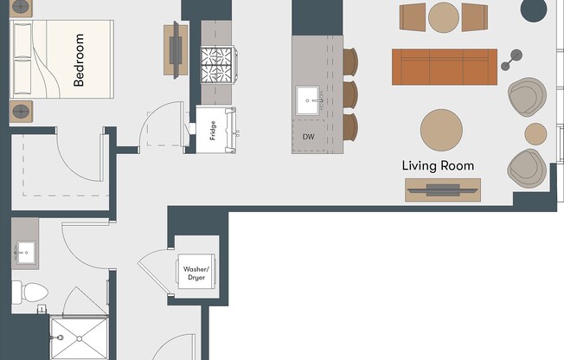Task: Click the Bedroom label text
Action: click(x=79, y=61)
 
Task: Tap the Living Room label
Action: click(x=438, y=165)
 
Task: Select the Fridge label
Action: click(x=213, y=130)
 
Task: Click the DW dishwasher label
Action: click(x=309, y=137)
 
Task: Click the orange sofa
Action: click(x=445, y=65)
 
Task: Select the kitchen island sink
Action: click(x=310, y=100)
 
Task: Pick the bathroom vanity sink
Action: click(x=25, y=253)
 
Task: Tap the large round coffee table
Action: click(x=446, y=130)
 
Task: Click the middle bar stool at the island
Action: click(x=350, y=93)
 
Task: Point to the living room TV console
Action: click(x=443, y=190)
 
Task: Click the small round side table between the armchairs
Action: click(x=536, y=133)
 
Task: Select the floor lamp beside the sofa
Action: click(x=513, y=60)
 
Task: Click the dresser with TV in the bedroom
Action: click(x=176, y=48)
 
